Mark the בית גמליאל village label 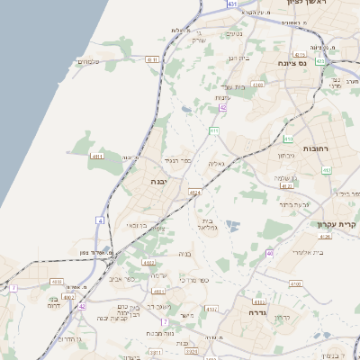(206, 223)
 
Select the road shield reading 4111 (151, 59)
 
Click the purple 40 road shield (270, 254)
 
